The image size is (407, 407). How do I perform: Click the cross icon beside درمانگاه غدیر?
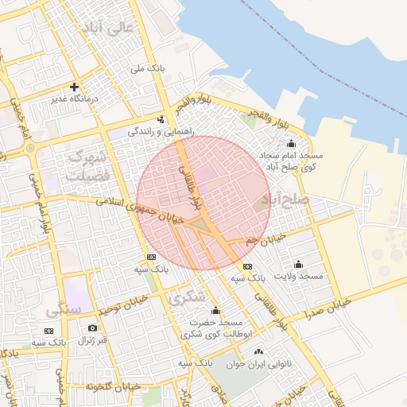coord(74,87)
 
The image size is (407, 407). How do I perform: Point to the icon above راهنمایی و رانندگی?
coord(162,119)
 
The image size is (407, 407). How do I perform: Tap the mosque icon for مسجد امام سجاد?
coord(291,144)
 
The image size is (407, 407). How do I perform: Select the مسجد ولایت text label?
coord(299,276)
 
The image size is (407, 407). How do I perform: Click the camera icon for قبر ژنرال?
coord(93,328)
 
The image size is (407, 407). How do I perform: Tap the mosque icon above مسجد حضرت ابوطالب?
coord(215,310)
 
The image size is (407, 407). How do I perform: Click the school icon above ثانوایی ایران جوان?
coord(258,351)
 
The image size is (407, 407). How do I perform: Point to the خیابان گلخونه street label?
coord(118,386)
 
